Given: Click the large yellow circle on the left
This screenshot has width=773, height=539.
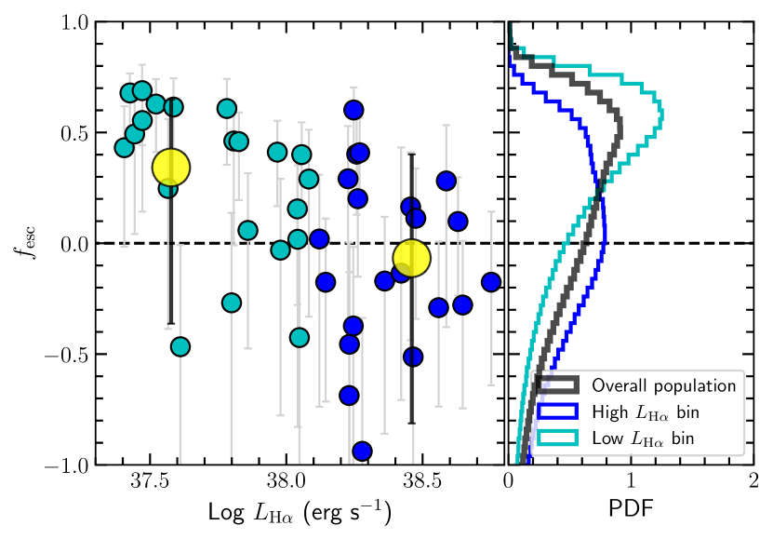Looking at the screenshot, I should pos(171,168).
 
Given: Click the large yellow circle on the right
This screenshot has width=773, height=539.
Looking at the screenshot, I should pos(411,258).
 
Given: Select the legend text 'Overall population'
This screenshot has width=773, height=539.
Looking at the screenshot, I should pos(663,385).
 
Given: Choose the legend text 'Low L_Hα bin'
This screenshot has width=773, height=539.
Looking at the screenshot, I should pos(643,438).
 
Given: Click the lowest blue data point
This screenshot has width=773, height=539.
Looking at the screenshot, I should pos(362,451).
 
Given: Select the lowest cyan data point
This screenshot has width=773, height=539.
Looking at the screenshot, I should pos(180,346).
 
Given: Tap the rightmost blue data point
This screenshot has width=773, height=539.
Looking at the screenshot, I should pos(491,281).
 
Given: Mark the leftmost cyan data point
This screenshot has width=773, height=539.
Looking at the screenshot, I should pos(124,147).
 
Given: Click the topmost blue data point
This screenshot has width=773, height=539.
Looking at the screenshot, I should pos(353,110).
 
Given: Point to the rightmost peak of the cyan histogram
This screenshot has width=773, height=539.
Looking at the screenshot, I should pos(661,115).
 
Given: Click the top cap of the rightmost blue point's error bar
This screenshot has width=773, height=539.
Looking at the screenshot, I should pos(491,212).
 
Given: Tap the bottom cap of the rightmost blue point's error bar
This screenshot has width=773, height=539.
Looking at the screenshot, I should pos(491,384).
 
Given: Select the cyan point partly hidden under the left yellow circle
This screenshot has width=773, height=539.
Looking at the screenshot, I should pos(167,189).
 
